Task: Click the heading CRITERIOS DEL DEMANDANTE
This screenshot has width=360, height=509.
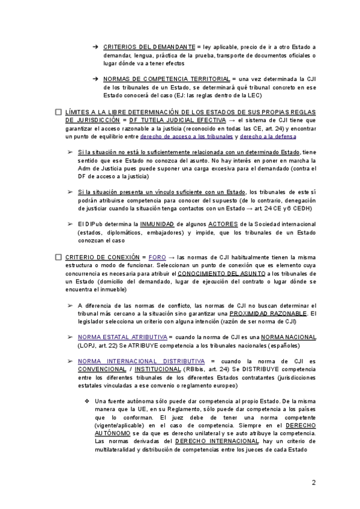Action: (149, 47)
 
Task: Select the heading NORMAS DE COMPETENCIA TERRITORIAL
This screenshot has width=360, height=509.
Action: (166, 79)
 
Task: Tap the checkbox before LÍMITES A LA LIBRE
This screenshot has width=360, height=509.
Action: (58, 113)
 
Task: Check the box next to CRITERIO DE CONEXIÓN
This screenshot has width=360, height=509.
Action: (58, 257)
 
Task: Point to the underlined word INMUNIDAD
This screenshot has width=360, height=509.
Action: (157, 224)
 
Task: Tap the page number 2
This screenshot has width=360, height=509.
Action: (313, 483)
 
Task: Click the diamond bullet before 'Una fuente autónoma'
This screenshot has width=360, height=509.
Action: (88, 401)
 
